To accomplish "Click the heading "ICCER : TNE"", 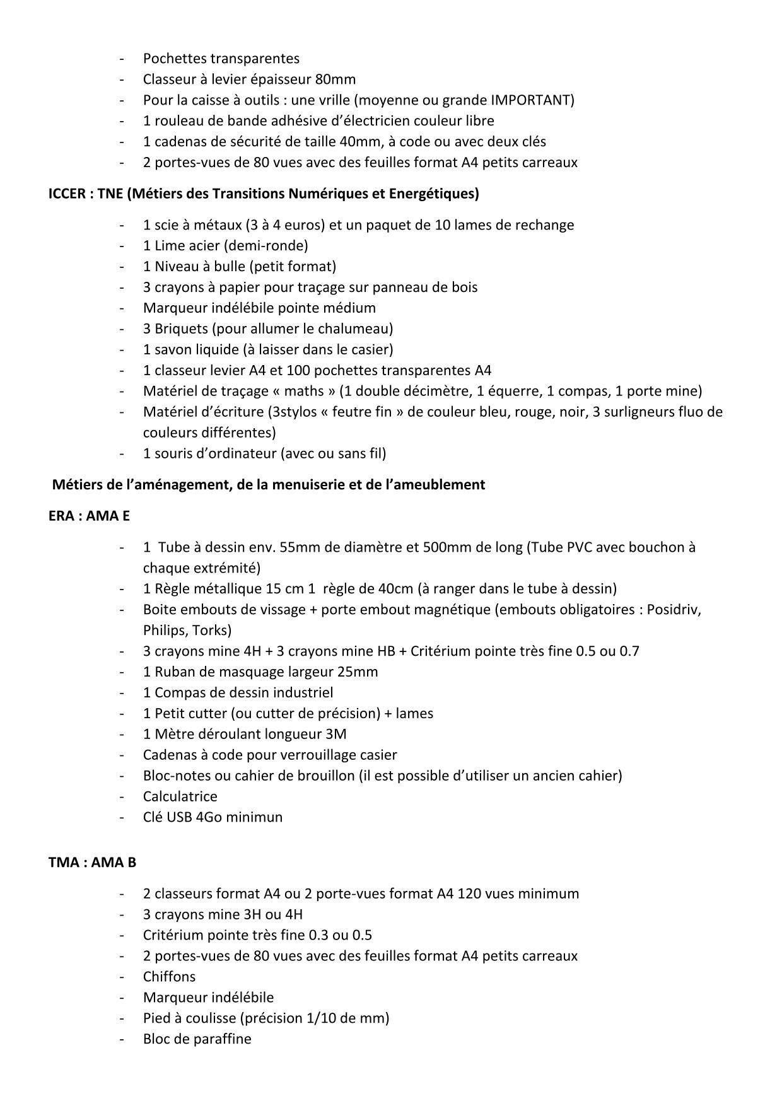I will click(86, 194).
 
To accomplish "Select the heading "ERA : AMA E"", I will click(89, 516).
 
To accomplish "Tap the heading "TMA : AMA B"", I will click(92, 862).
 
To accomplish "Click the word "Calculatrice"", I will click(180, 796).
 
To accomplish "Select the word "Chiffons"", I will click(169, 977).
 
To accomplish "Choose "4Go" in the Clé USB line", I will click(209, 817).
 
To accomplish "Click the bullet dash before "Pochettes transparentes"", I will click(121, 59).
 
